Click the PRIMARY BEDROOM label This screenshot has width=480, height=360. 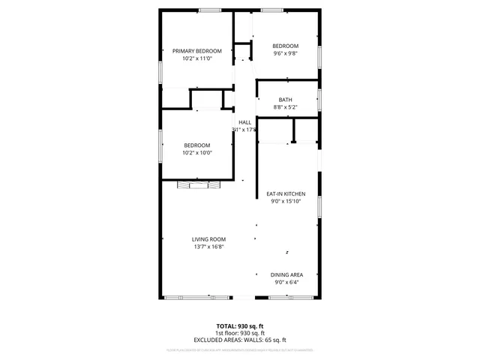197,51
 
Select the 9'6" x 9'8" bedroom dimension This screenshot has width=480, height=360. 285,53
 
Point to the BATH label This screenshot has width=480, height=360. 286,100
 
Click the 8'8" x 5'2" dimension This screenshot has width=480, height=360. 286,107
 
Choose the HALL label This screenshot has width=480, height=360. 244,122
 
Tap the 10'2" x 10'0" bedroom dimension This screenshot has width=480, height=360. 197,152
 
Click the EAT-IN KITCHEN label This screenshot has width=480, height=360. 286,193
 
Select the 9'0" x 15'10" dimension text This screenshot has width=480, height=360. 286,201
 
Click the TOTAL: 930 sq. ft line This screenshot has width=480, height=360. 241,326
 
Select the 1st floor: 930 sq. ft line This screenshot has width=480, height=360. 241,333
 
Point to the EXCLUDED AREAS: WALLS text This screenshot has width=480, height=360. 241,340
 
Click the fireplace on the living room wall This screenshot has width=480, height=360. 195,184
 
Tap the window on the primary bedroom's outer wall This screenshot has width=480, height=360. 160,72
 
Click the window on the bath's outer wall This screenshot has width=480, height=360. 320,100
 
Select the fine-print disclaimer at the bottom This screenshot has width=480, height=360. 240,350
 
